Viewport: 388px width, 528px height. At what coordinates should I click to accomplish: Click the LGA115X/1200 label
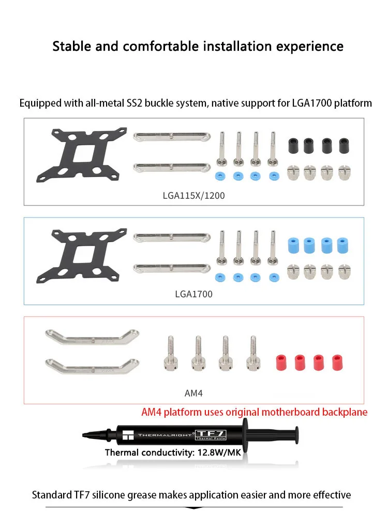pyautogui.click(x=193, y=196)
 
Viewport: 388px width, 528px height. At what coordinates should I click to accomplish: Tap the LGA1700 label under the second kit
pyautogui.click(x=193, y=294)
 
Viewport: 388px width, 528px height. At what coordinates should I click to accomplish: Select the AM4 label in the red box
pyautogui.click(x=193, y=393)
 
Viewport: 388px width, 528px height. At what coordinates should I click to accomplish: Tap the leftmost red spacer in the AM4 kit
pyautogui.click(x=281, y=361)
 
